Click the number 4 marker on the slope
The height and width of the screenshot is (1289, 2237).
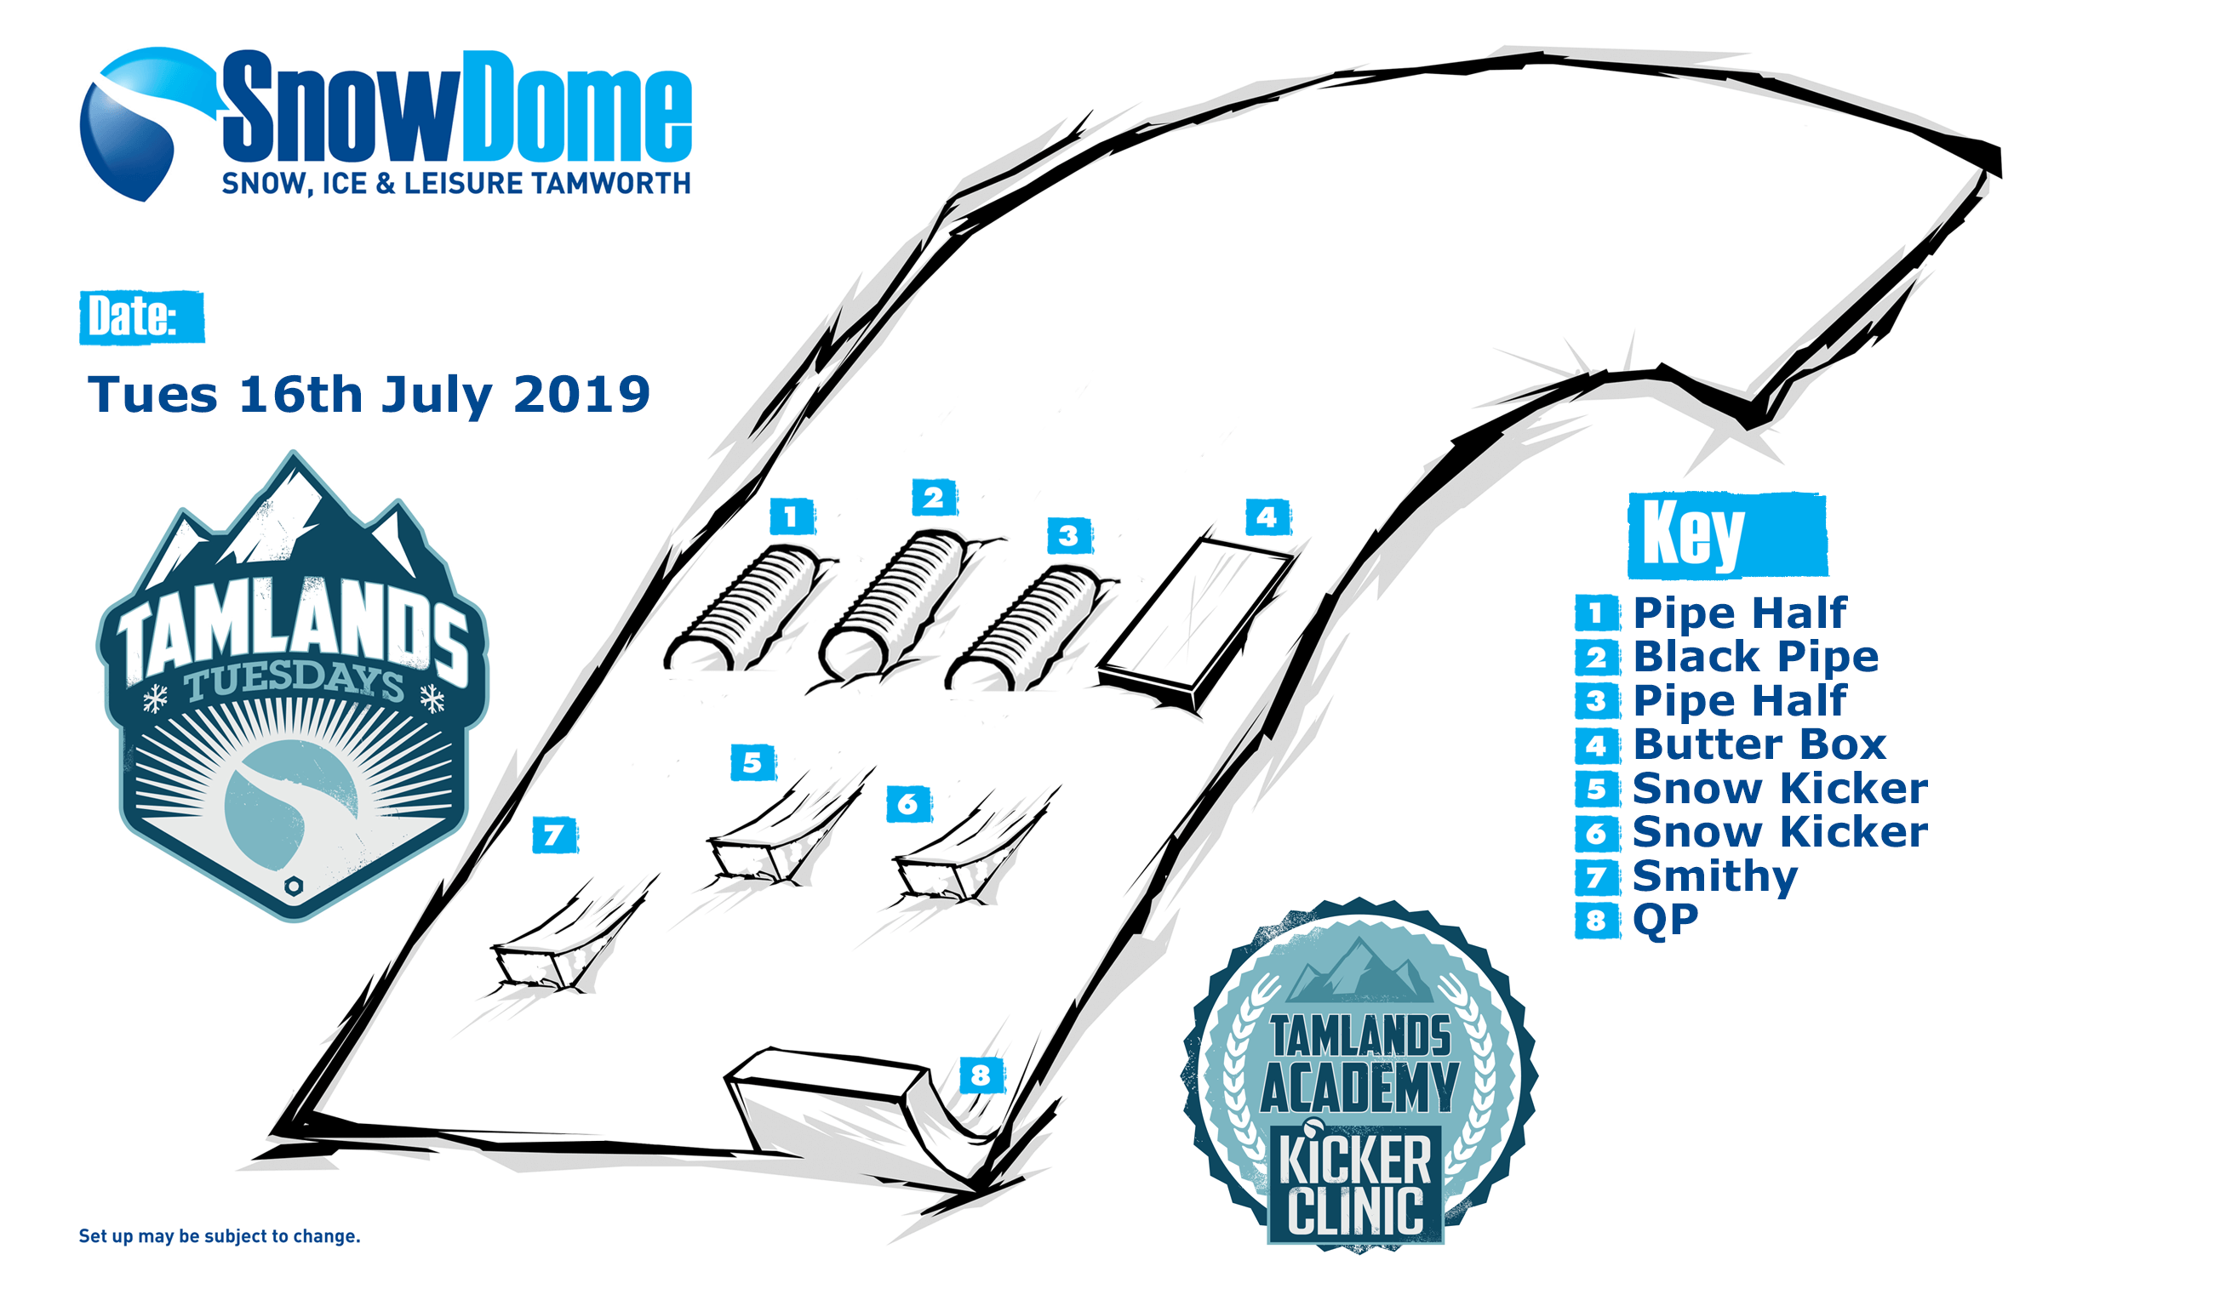click(1267, 517)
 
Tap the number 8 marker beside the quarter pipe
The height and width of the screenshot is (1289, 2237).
click(981, 1075)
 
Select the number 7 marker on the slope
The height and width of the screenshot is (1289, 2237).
click(555, 835)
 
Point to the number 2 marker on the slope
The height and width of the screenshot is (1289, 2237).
click(935, 498)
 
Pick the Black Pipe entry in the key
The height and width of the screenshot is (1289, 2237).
click(1754, 657)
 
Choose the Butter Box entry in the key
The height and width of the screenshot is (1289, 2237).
click(1759, 744)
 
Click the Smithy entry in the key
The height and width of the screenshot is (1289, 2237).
click(1714, 876)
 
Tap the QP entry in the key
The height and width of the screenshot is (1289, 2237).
click(1665, 921)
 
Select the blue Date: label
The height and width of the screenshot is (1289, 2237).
click(141, 317)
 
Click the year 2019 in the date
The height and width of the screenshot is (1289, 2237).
click(582, 394)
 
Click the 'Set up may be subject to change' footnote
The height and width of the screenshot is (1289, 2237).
click(220, 1236)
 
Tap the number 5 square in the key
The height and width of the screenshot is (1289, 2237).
click(1597, 789)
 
